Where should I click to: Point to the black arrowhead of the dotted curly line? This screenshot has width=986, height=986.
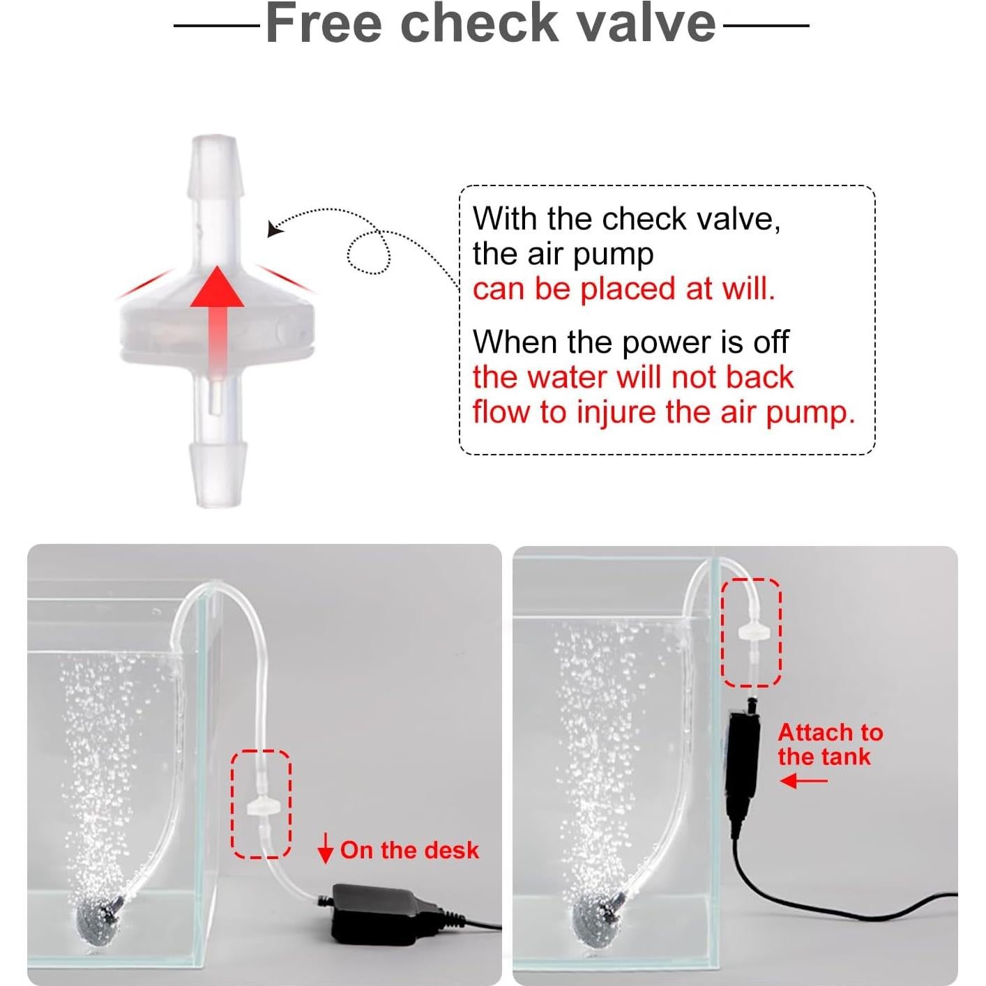click(274, 228)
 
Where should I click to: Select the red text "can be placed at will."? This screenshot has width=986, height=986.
click(623, 289)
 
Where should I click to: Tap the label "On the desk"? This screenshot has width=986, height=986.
click(409, 850)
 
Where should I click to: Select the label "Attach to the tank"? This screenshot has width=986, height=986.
click(829, 744)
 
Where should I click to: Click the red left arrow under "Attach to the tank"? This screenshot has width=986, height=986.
click(803, 780)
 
